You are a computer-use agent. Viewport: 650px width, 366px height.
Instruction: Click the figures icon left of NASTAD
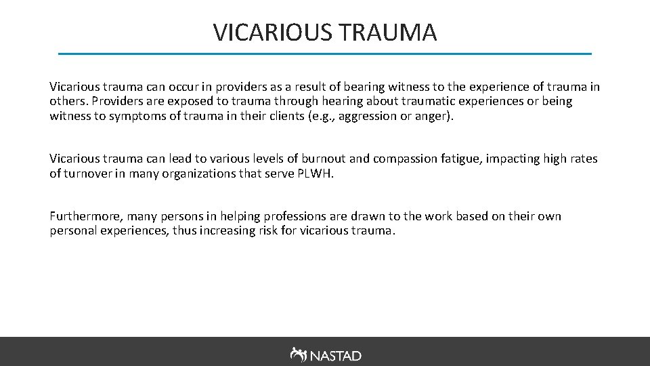click(x=298, y=354)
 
